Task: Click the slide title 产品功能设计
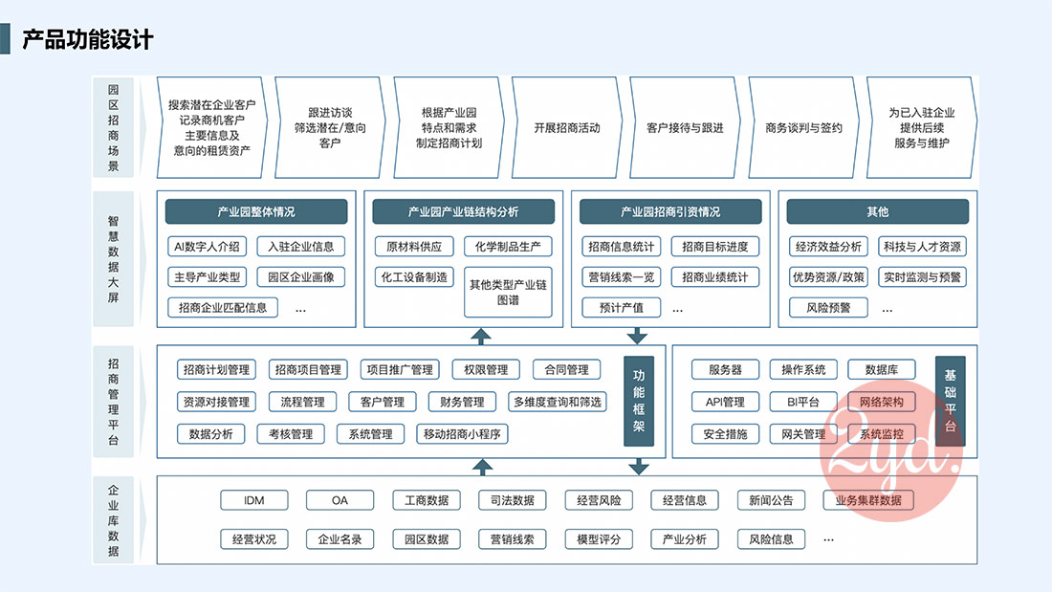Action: pos(87,39)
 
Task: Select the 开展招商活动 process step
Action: pos(567,128)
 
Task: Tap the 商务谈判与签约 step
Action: pos(804,128)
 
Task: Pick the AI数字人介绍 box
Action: pos(207,247)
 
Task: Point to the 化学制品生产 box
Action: pos(508,247)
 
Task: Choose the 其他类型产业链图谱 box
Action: pos(508,292)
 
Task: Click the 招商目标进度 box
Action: pos(715,247)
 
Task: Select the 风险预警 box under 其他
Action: pos(828,308)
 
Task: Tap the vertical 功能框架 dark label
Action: pos(638,402)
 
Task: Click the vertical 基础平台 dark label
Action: pos(950,402)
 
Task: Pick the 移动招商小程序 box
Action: pos(463,434)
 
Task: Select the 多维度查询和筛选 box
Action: pos(558,403)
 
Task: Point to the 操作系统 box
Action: pos(803,370)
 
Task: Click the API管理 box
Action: pos(725,403)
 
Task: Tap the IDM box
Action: pos(253,500)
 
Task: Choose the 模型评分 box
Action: pos(599,539)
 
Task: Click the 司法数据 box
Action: pos(512,500)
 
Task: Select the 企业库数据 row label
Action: pos(114,520)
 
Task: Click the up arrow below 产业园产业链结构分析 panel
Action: pos(482,336)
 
